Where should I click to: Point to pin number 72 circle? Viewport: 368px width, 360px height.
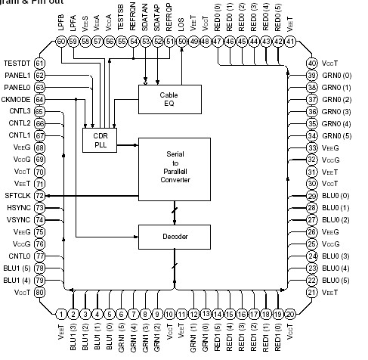[39, 196]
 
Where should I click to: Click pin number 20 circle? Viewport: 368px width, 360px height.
[290, 313]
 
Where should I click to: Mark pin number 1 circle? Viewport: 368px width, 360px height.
[61, 313]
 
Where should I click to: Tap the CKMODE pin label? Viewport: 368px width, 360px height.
[17, 99]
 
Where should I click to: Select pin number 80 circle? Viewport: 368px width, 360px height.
[39, 293]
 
